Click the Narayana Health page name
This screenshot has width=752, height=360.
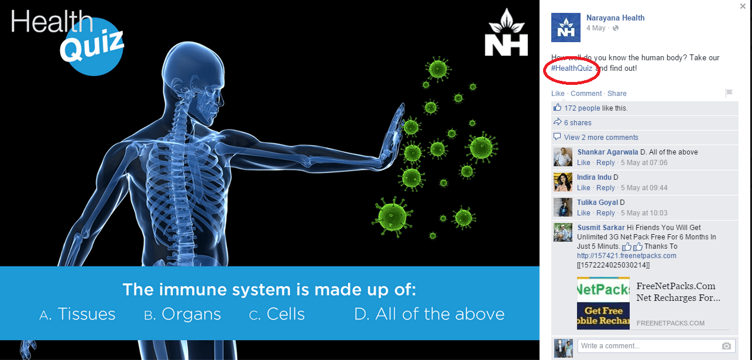(615, 18)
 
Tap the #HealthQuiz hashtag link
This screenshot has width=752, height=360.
(571, 68)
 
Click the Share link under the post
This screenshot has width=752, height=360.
(617, 93)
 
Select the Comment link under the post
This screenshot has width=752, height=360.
(586, 93)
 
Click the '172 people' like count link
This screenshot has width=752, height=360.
(582, 108)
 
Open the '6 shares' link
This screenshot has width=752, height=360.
(578, 123)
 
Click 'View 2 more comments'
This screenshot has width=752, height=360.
(601, 138)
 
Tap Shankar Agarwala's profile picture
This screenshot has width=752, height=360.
(562, 157)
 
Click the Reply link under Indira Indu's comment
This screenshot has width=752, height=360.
(605, 188)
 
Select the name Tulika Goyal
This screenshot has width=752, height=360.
(598, 202)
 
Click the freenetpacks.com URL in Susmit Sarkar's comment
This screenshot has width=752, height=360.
(626, 256)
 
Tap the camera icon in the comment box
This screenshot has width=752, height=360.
(726, 346)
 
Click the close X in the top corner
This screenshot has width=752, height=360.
(743, 6)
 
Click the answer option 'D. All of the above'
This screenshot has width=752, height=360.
(430, 314)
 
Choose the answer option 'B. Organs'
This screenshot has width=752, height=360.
(182, 314)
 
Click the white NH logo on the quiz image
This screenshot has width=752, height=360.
(506, 33)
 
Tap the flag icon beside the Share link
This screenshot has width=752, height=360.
(729, 93)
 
